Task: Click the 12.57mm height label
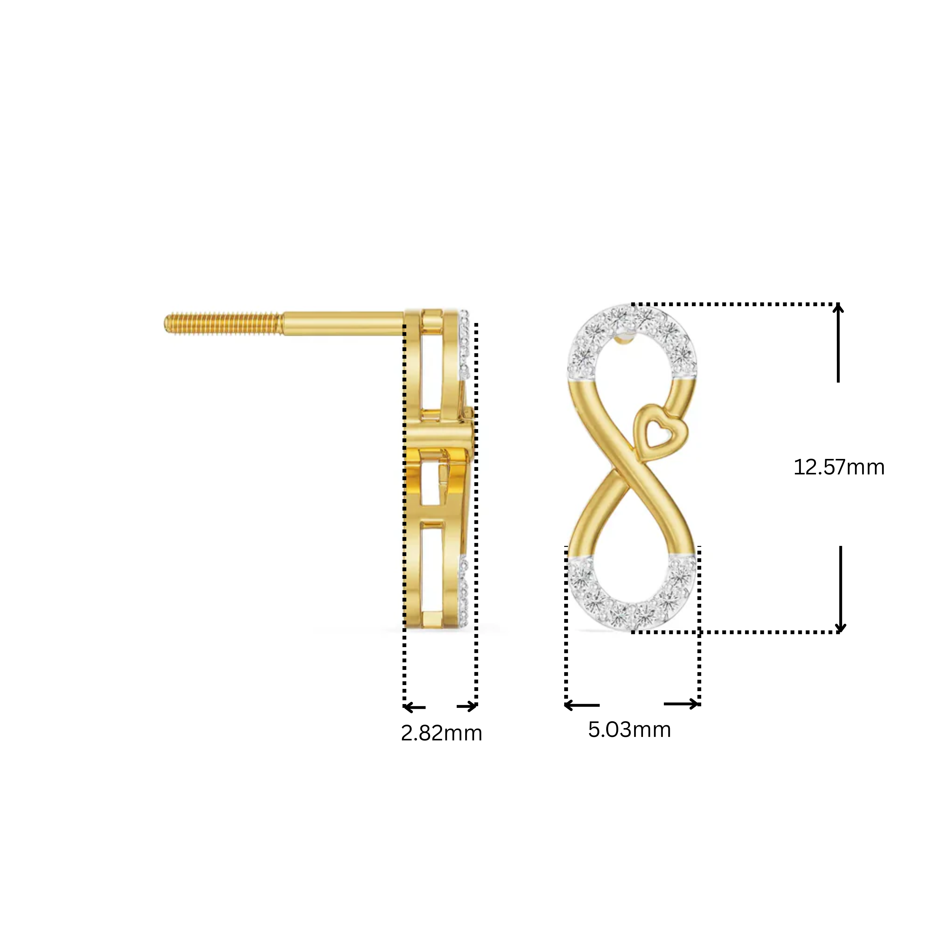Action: point(839,467)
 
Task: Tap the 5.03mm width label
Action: point(629,730)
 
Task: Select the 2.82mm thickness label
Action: point(442,733)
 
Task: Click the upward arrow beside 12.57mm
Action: point(838,343)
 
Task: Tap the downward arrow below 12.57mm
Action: point(841,589)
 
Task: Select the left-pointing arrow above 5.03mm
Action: point(582,705)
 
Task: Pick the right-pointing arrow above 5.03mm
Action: point(681,704)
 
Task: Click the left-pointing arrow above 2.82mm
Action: point(414,708)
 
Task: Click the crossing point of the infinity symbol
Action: point(623,476)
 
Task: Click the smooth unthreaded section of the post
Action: point(343,324)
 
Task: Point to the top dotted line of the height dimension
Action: point(734,305)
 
